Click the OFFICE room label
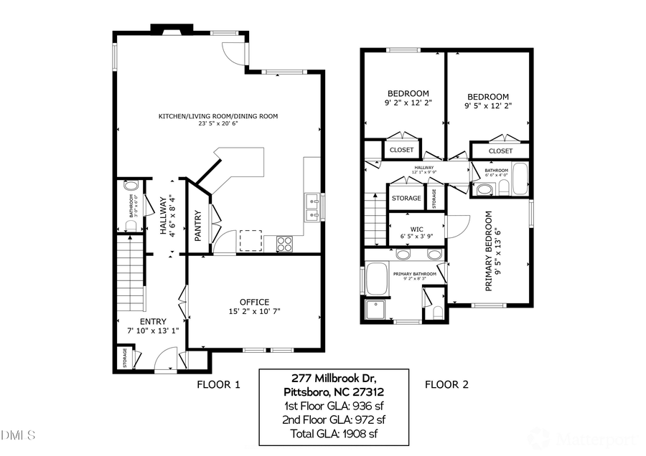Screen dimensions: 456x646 click(254, 302)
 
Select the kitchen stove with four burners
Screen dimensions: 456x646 click(284, 243)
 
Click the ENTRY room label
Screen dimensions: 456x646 click(153, 321)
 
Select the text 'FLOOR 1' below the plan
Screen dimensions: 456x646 click(218, 385)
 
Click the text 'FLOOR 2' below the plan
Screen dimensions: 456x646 click(446, 385)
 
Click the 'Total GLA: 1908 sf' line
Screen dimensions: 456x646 click(334, 434)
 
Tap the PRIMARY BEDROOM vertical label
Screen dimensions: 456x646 click(490, 250)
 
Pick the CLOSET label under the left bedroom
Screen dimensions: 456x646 click(402, 150)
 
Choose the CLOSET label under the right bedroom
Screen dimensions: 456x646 click(500, 151)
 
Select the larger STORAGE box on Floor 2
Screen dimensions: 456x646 click(407, 198)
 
